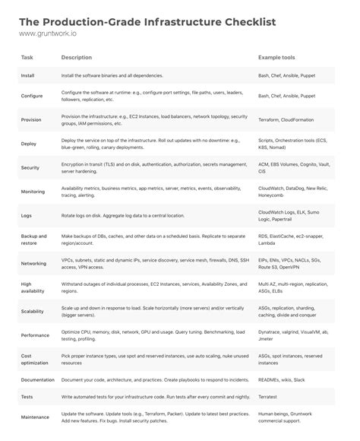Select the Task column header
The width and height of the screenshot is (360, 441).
[27, 58]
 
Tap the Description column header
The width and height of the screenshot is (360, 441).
[77, 58]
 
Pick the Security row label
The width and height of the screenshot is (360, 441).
[31, 167]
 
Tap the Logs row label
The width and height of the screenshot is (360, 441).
[27, 216]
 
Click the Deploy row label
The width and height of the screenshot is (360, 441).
[29, 144]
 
